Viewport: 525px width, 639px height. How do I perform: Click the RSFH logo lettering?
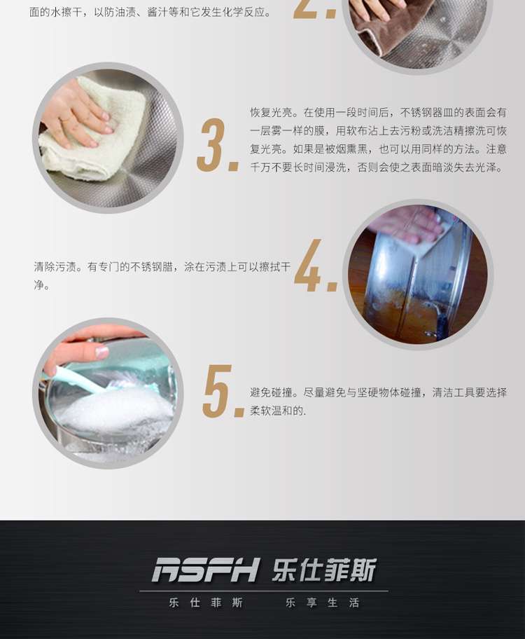tap(205, 570)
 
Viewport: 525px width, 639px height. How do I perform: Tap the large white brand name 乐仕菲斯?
tap(324, 570)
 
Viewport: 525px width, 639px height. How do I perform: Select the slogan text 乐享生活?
tap(322, 603)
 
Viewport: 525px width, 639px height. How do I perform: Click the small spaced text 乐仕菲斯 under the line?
tap(206, 603)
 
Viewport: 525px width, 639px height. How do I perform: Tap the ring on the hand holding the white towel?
tap(64, 120)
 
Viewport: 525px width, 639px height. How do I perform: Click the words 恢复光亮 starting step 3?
tap(271, 113)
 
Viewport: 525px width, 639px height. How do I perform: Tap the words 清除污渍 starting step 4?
tap(55, 267)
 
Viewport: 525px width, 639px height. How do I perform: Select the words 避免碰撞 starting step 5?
tap(271, 392)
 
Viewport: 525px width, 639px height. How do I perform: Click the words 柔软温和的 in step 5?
tap(276, 411)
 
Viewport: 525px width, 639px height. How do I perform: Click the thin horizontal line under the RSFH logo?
tap(263, 591)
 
